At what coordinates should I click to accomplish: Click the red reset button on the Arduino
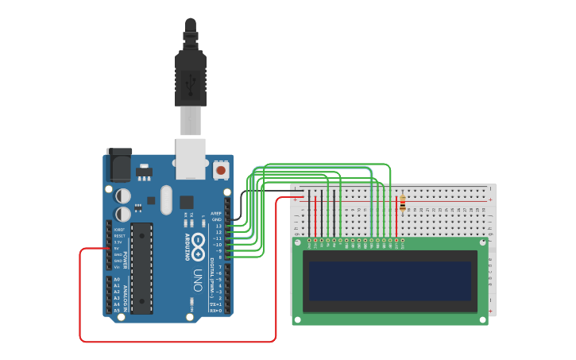(220, 169)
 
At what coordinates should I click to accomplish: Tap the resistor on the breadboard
(402, 203)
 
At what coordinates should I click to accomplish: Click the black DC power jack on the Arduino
(119, 165)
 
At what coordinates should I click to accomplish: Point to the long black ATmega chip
(141, 267)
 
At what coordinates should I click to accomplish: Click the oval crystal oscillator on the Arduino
(166, 199)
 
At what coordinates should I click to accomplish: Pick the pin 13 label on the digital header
(218, 226)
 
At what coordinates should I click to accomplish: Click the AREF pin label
(216, 213)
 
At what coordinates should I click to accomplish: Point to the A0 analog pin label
(117, 280)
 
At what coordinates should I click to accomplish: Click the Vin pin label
(117, 267)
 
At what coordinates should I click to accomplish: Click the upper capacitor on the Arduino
(123, 195)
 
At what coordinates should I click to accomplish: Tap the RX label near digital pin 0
(215, 311)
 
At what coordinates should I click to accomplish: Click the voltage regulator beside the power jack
(143, 171)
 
